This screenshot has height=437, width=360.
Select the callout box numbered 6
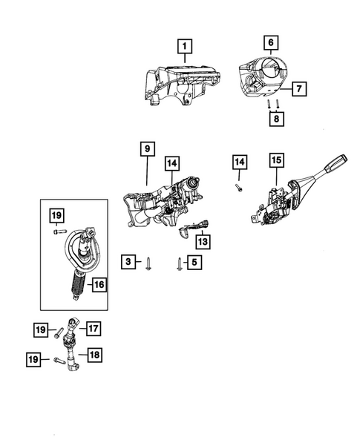[x=271, y=42]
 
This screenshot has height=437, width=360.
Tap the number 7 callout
[x=297, y=89]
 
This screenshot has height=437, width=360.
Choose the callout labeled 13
[x=202, y=241]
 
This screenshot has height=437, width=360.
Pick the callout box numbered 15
[x=276, y=160]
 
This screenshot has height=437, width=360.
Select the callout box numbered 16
[x=99, y=283]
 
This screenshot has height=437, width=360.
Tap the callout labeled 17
[x=94, y=327]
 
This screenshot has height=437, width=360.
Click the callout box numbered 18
[x=94, y=355]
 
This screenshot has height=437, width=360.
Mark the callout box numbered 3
[x=128, y=261]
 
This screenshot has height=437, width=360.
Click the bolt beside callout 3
[x=148, y=263]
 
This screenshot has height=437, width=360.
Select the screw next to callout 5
[x=179, y=262]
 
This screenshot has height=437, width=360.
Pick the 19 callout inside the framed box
[x=57, y=216]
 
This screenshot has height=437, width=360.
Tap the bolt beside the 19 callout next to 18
[x=59, y=361]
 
